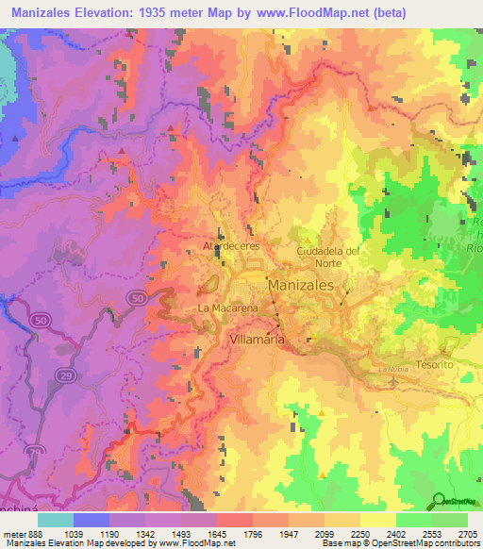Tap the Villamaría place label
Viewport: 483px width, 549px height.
[x=256, y=337]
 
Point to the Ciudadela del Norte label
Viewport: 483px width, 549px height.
[x=329, y=256]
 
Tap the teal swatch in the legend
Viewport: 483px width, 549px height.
[x=56, y=520]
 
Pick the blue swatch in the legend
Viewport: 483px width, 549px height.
[x=92, y=520]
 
